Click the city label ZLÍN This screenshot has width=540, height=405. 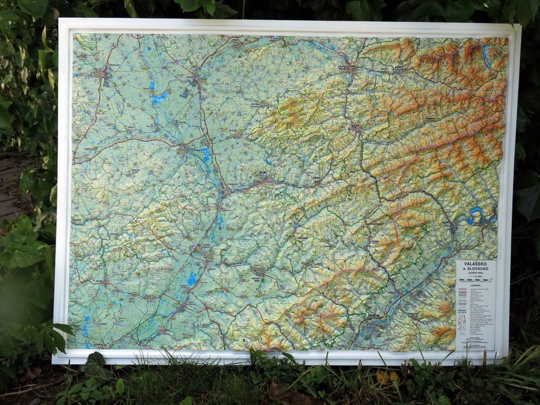click(x=262, y=172)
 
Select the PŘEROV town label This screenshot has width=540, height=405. click(x=189, y=77)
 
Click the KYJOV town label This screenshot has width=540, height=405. click(x=99, y=281)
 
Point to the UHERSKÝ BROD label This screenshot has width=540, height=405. click(x=258, y=279)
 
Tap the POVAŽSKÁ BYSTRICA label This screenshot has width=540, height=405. click(x=477, y=223)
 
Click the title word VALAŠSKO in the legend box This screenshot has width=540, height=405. click(x=476, y=265)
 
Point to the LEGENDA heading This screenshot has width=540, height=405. click(x=475, y=285)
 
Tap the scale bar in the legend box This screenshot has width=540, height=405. click(x=475, y=280)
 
